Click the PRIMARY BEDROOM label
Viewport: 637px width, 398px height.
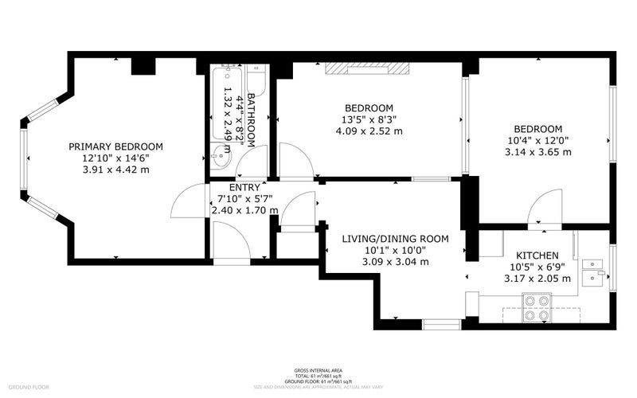coord(115,146)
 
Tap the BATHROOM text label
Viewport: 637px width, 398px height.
coord(251,119)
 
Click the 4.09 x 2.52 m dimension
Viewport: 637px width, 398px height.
coord(369,132)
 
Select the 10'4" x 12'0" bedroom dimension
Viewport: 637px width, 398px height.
coord(537,141)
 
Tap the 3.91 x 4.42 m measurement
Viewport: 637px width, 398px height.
coord(115,170)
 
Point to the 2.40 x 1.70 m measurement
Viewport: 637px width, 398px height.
coord(244,211)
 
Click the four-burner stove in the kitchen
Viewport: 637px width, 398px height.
coord(537,306)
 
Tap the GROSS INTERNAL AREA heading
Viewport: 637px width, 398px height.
coord(318,371)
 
